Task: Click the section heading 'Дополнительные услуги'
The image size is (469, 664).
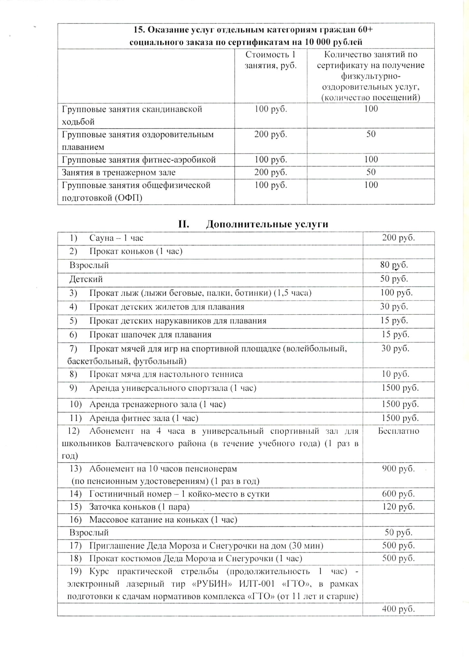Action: click(267, 224)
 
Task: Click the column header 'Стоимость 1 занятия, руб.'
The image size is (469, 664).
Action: click(270, 60)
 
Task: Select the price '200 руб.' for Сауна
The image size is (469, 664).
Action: click(398, 238)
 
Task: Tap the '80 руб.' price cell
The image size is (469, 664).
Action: click(394, 265)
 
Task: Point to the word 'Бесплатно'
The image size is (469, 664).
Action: click(398, 431)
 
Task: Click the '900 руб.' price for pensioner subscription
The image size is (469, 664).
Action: click(398, 469)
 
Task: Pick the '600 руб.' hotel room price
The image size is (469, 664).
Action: click(398, 494)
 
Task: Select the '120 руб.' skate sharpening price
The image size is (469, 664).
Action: click(398, 507)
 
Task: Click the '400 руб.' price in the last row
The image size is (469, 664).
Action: click(398, 609)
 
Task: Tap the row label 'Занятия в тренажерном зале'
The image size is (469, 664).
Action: click(118, 172)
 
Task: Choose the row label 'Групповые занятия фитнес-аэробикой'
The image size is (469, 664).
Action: click(138, 160)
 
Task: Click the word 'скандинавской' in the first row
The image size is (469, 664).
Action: click(172, 109)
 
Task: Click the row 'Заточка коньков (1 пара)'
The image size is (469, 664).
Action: click(139, 507)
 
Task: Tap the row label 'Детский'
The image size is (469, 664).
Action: click(86, 279)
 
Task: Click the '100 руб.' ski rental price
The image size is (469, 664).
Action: click(396, 293)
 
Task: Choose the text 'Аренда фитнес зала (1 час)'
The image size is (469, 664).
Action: click(144, 418)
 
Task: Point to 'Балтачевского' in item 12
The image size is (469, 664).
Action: click(144, 444)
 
